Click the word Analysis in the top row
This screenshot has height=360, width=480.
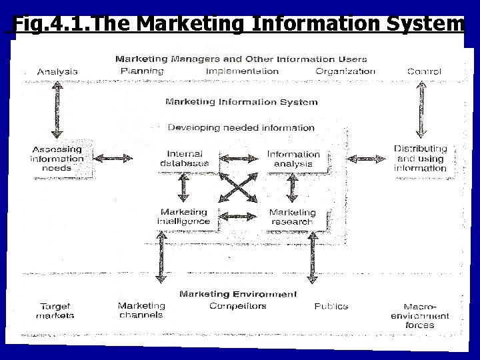click(x=57, y=71)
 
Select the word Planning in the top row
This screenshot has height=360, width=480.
click(x=142, y=71)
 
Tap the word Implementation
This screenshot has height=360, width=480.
click(x=242, y=71)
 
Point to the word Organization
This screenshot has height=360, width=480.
click(x=345, y=71)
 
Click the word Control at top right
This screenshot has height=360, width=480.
click(x=424, y=71)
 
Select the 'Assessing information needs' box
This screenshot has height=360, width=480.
click(x=57, y=159)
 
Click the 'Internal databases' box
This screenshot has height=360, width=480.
click(x=185, y=159)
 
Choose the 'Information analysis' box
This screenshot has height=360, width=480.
click(x=293, y=159)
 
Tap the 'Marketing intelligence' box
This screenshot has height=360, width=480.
click(x=184, y=217)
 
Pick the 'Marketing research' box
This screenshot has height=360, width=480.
click(x=292, y=217)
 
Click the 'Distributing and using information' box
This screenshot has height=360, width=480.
click(x=420, y=159)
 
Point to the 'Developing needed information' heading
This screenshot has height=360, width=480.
click(x=241, y=127)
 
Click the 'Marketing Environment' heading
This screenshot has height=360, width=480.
click(x=238, y=294)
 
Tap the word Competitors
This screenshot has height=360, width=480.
click(x=237, y=306)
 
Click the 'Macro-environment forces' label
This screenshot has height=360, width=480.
click(x=420, y=315)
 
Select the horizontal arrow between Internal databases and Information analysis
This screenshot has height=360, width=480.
click(x=239, y=159)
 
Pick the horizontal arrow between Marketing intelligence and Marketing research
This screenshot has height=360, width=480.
click(x=239, y=217)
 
